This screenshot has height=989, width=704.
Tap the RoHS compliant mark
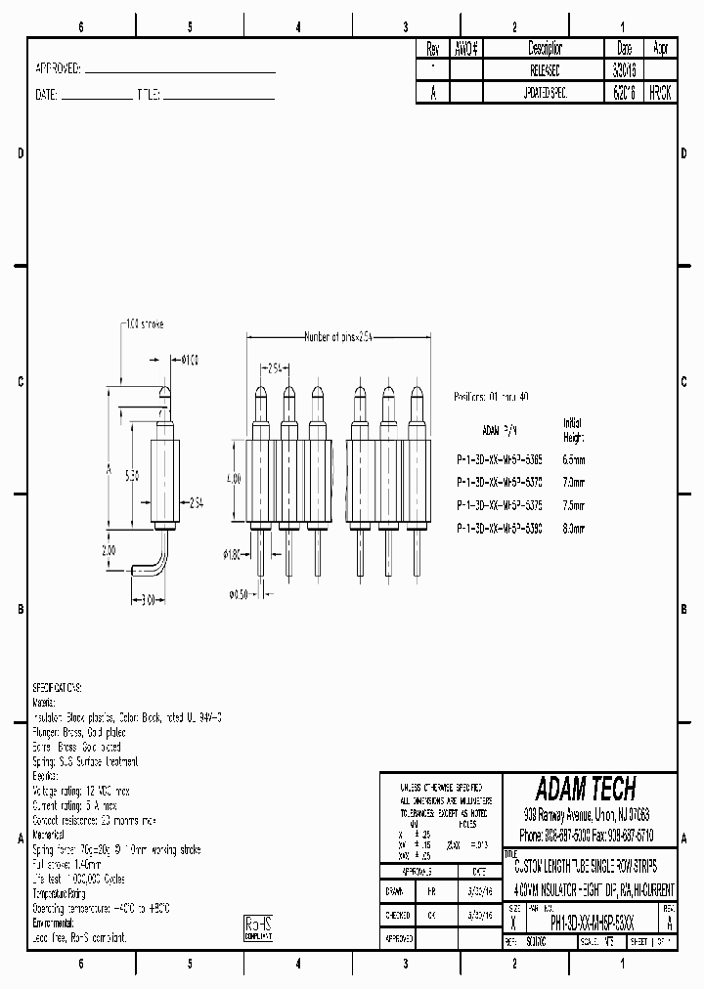click(x=257, y=926)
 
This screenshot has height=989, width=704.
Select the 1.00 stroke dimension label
click(x=146, y=322)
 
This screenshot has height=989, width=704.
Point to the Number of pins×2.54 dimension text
click(x=338, y=337)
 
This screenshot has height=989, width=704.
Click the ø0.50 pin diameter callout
click(x=239, y=594)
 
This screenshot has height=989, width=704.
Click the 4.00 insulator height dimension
click(x=233, y=479)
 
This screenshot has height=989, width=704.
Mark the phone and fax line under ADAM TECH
click(x=587, y=837)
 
